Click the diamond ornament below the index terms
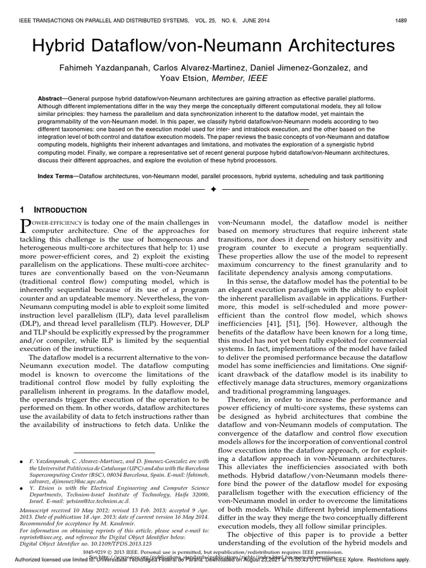[213, 189]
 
